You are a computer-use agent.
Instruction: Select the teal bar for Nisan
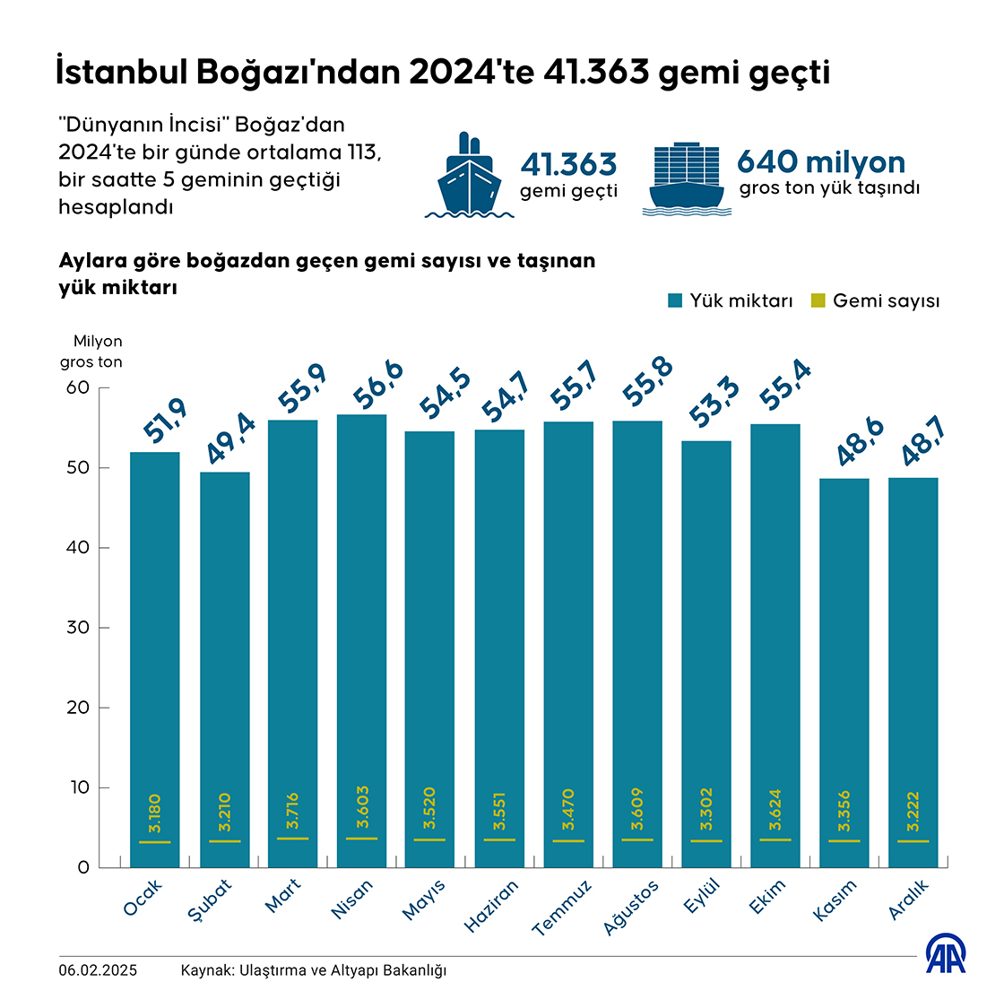[x=361, y=628]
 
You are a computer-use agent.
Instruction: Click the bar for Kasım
[x=844, y=664]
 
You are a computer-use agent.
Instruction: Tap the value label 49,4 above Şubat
[x=230, y=439]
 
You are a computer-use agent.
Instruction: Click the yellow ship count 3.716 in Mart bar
[x=293, y=811]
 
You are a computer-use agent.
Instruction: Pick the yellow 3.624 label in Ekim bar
[x=775, y=810]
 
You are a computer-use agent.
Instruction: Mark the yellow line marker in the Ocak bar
[x=154, y=842]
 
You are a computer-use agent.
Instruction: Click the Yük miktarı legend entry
[x=731, y=301]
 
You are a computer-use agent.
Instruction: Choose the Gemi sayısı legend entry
[x=875, y=301]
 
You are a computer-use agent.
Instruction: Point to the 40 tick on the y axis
[x=78, y=548]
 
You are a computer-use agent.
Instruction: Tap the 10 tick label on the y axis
[x=78, y=787]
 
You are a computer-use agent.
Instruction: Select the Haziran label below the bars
[x=492, y=906]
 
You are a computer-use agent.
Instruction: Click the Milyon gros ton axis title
[x=91, y=352]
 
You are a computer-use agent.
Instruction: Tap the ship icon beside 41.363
[x=469, y=177]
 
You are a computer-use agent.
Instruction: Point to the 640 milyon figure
[x=821, y=162]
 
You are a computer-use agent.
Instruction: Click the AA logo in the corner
[x=946, y=955]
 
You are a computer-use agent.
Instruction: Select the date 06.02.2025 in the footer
[x=99, y=970]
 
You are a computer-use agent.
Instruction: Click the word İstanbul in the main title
[x=120, y=73]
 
